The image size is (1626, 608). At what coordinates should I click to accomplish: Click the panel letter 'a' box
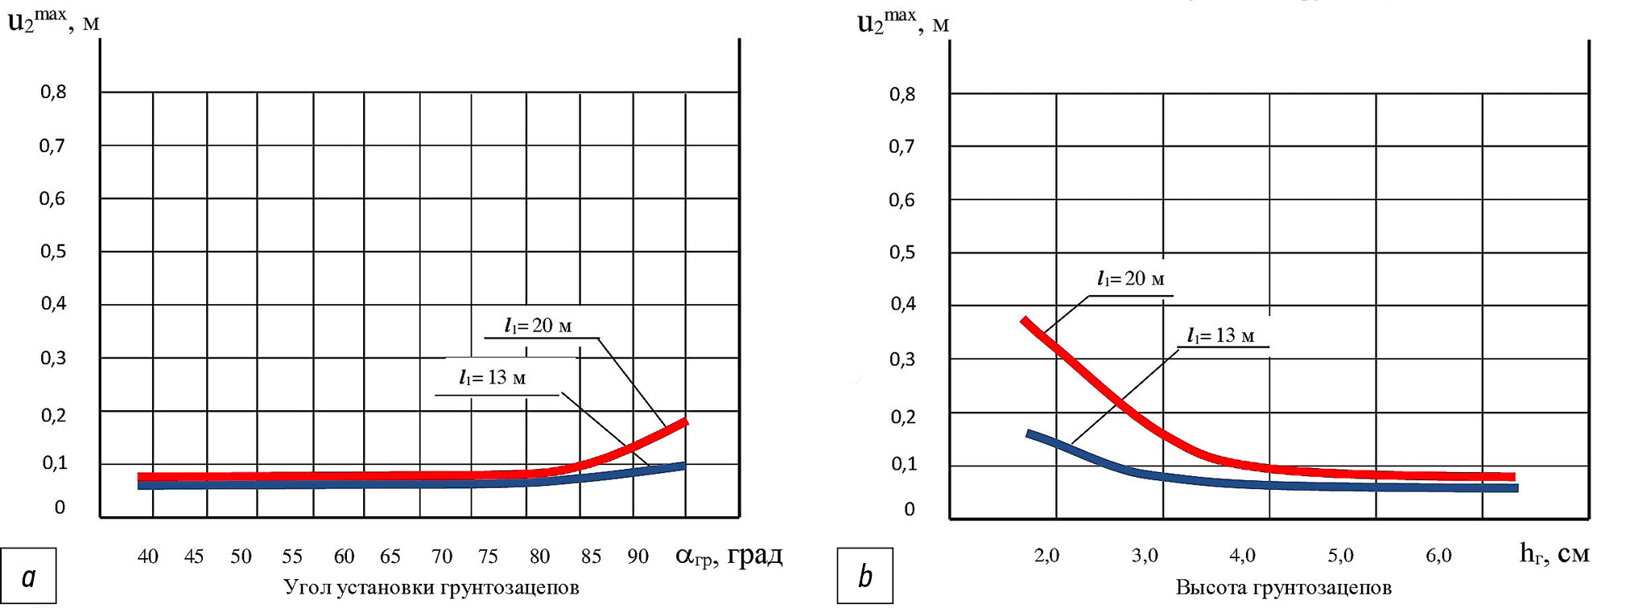29,576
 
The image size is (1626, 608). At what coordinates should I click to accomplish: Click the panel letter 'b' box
865,576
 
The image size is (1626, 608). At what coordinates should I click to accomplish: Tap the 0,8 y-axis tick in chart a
53,92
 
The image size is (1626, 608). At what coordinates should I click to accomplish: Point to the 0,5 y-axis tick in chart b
902,253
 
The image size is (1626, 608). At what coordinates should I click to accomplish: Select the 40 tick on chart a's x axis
147,557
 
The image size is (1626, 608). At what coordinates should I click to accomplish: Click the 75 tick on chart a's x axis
488,557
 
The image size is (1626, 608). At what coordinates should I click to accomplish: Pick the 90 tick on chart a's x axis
638,557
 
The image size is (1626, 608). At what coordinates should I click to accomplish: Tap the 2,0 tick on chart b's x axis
1046,555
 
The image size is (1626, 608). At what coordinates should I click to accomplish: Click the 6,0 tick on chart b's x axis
1438,555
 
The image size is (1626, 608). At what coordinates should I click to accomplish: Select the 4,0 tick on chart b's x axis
1242,555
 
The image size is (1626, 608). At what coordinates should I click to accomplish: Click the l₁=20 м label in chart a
538,326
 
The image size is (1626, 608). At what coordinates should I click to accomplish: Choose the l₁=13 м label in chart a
492,378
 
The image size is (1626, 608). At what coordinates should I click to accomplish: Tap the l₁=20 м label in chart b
1130,279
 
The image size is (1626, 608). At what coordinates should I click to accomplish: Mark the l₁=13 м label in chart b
1220,335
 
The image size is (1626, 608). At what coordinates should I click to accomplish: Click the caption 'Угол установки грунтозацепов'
431,588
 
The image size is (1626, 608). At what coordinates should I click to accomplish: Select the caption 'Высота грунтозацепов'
1283,588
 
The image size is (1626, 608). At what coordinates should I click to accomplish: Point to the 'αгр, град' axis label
728,555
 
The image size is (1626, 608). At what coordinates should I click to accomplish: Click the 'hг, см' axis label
1554,553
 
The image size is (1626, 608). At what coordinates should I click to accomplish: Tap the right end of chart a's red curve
686,421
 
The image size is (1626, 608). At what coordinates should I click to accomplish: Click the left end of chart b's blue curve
1029,434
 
